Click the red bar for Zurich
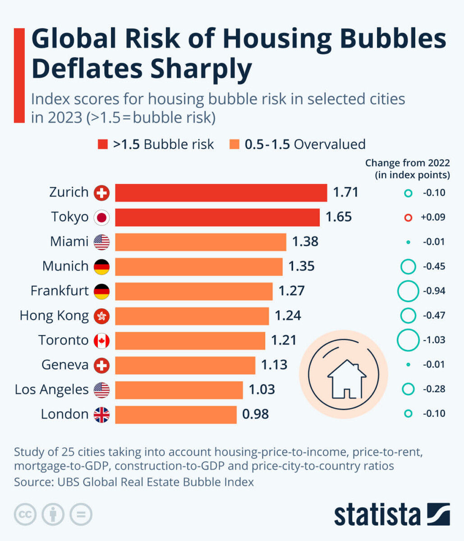(221, 193)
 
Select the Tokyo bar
(217, 217)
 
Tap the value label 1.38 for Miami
(305, 242)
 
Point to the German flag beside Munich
(101, 266)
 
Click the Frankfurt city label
(60, 291)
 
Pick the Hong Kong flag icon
(101, 316)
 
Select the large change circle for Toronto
(408, 340)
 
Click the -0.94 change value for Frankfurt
(434, 291)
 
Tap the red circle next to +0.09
(408, 217)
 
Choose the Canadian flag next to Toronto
(101, 340)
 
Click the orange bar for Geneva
(185, 365)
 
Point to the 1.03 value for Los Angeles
(262, 390)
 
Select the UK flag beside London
(101, 414)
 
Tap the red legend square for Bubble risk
(103, 144)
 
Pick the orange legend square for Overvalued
(234, 144)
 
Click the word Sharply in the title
(200, 69)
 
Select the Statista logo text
(377, 514)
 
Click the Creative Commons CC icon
(25, 514)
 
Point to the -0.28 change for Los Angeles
(434, 389)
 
